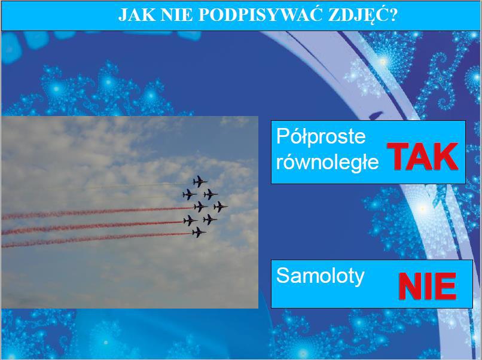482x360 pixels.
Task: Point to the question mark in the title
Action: [x=392, y=15]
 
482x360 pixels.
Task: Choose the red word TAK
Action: [x=422, y=157]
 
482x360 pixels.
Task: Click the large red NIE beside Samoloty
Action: [x=428, y=286]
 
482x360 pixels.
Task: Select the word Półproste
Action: [x=321, y=136]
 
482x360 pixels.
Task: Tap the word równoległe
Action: [x=327, y=161]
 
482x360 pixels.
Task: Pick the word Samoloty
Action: [x=321, y=276]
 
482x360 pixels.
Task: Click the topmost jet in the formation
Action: [x=200, y=181]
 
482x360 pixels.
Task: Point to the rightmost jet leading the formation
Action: [x=221, y=206]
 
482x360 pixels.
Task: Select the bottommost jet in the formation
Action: [x=199, y=232]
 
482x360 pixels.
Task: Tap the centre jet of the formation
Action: [x=200, y=206]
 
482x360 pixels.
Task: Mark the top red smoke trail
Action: [x=97, y=212]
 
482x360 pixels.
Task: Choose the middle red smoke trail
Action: [x=92, y=227]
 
